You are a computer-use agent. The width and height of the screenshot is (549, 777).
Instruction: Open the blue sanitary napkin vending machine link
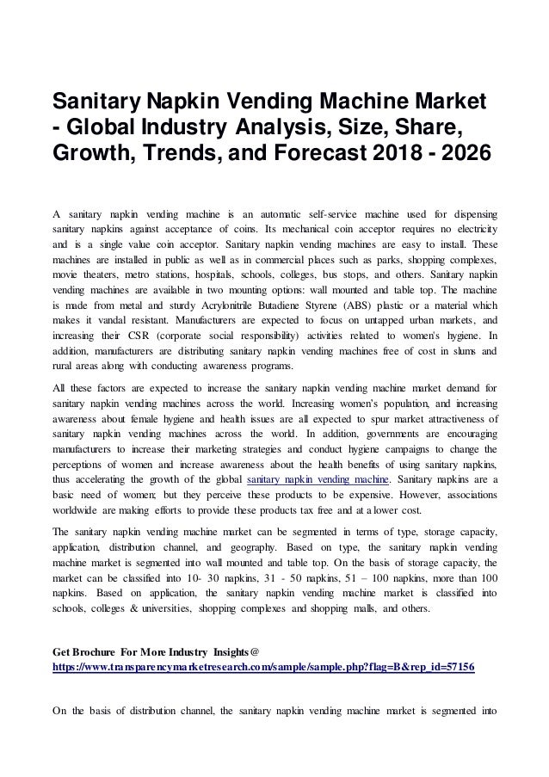318,479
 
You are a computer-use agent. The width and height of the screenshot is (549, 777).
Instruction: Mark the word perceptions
84,464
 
